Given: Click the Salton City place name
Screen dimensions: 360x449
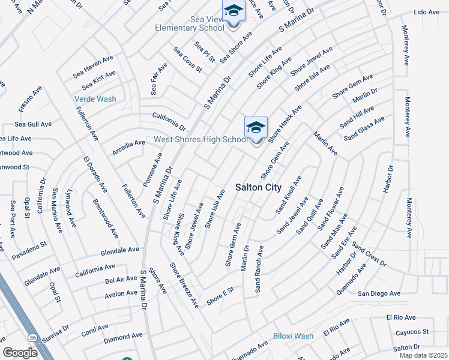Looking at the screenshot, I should pyautogui.click(x=256, y=187).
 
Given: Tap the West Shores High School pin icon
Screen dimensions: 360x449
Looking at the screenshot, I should pyautogui.click(x=256, y=129).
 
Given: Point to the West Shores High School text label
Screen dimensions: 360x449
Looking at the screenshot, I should pyautogui.click(x=201, y=140).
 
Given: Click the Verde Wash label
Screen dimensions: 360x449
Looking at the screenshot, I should pyautogui.click(x=95, y=99).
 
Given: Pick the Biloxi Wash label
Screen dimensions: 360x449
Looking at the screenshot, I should pyautogui.click(x=293, y=336).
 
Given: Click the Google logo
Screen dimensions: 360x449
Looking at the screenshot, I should pyautogui.click(x=20, y=352).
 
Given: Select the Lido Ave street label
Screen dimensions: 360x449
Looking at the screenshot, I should pyautogui.click(x=427, y=12).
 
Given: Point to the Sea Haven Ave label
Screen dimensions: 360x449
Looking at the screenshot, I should pyautogui.click(x=93, y=67).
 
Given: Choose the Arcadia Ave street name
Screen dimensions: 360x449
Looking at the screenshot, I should pyautogui.click(x=128, y=148).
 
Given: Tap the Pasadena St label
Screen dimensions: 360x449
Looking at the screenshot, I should pyautogui.click(x=29, y=251).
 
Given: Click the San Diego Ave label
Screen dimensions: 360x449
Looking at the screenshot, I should pyautogui.click(x=379, y=293).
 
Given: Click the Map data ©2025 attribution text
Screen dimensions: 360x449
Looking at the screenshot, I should pyautogui.click(x=420, y=355).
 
